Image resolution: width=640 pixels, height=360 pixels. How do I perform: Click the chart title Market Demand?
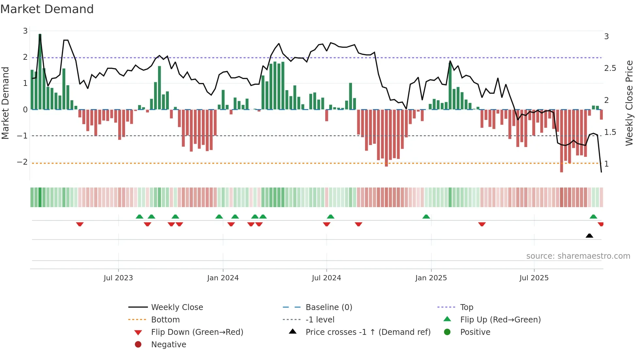click(x=47, y=9)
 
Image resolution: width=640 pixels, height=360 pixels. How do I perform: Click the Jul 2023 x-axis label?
click(x=118, y=278)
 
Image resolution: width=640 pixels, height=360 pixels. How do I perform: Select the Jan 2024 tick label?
click(x=223, y=278)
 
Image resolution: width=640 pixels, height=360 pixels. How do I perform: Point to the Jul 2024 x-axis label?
click(x=326, y=278)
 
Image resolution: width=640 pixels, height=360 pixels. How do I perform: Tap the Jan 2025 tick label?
click(x=431, y=278)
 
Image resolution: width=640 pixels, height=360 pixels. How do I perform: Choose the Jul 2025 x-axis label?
click(x=534, y=278)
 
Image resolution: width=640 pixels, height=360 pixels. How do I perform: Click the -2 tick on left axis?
click(x=23, y=162)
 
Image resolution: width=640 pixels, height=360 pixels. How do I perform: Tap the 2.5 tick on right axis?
click(x=610, y=68)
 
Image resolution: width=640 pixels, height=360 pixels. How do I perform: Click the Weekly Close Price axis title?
click(x=629, y=103)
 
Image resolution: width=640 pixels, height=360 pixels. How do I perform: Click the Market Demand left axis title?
click(x=6, y=103)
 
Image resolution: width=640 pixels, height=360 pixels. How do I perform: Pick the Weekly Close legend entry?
click(x=177, y=307)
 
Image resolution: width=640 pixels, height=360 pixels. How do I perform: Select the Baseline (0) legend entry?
click(x=328, y=307)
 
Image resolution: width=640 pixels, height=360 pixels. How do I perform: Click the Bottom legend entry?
click(x=165, y=320)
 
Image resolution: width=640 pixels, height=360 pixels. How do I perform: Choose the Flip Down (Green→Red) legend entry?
click(x=197, y=332)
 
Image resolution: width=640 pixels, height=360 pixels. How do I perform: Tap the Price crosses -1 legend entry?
click(x=368, y=332)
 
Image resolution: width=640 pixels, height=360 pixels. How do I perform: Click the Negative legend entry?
click(x=168, y=345)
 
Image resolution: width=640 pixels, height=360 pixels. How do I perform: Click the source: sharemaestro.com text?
click(x=578, y=256)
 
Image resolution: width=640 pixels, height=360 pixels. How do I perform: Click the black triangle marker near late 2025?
click(x=589, y=236)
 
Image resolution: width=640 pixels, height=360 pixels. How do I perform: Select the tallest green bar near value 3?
click(x=40, y=72)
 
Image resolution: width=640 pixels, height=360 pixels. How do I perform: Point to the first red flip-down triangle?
click(x=80, y=224)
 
